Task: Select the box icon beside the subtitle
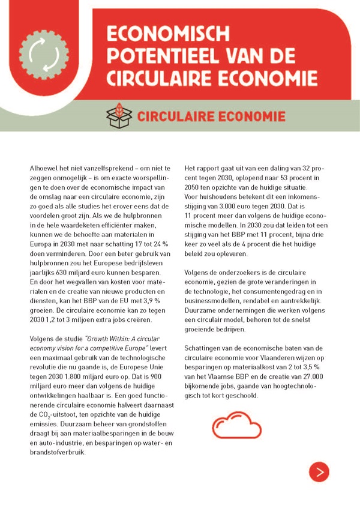point(118,115)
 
